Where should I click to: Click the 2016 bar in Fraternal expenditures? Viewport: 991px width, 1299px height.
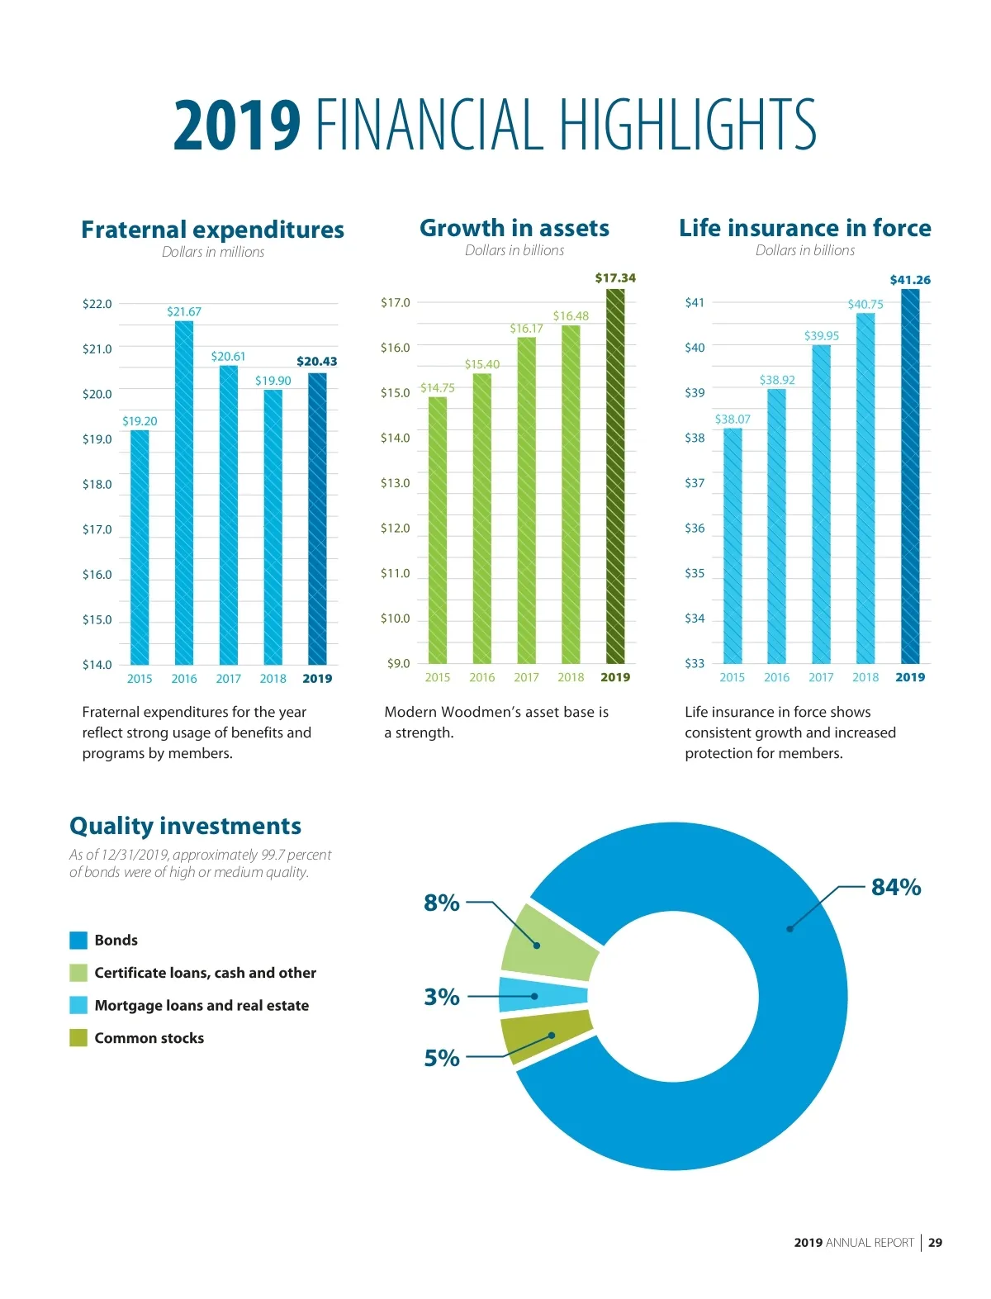(x=184, y=492)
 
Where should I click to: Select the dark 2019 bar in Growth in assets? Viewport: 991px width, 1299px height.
(x=615, y=476)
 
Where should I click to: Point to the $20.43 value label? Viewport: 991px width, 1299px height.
(x=317, y=362)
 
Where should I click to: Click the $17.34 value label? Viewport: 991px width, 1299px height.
(x=615, y=278)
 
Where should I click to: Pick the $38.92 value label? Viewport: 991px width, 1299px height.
(x=777, y=380)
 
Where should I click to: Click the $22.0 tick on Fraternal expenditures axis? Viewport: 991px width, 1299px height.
(x=97, y=304)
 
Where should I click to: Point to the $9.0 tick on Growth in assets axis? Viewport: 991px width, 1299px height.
(x=398, y=663)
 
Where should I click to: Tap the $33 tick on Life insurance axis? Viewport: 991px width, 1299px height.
(x=695, y=663)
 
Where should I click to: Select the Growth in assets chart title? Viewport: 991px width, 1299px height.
(x=514, y=228)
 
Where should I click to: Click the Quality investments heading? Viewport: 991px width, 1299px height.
(x=185, y=826)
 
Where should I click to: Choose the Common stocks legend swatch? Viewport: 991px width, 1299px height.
(x=78, y=1038)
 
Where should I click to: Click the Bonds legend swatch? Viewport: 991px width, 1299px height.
(x=78, y=940)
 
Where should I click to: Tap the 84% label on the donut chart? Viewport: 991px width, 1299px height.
(x=896, y=887)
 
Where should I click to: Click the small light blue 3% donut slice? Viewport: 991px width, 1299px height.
(x=542, y=995)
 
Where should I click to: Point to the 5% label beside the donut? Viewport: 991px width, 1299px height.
(x=442, y=1058)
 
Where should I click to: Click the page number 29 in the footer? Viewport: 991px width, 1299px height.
(x=935, y=1242)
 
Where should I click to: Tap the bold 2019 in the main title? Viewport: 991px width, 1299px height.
(x=237, y=126)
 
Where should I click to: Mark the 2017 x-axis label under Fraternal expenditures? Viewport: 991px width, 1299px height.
(x=229, y=679)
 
